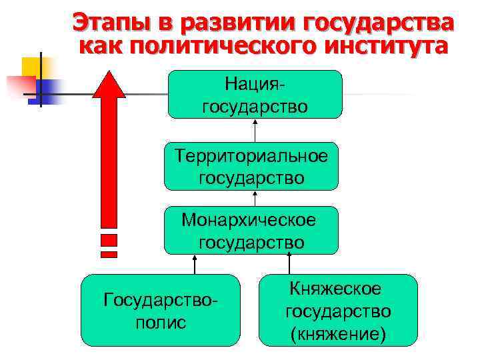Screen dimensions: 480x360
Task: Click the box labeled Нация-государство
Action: [x=255, y=95]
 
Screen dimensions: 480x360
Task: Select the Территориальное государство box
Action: [x=251, y=167]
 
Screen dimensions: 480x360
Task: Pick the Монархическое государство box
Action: [x=251, y=231]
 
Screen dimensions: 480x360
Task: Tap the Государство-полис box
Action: [x=160, y=310]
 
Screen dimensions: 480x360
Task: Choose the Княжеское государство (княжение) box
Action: [x=338, y=310]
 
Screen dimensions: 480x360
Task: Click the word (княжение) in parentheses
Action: [x=338, y=333]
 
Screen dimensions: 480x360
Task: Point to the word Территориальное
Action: [x=251, y=156]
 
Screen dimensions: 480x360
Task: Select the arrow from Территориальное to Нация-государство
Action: [x=255, y=131]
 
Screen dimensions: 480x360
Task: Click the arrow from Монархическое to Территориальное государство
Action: [x=255, y=198]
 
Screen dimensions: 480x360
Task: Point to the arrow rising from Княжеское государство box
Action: [x=289, y=265]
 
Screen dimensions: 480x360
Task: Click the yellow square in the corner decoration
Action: [x=31, y=65]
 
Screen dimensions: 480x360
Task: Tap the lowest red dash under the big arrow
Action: [x=109, y=254]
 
